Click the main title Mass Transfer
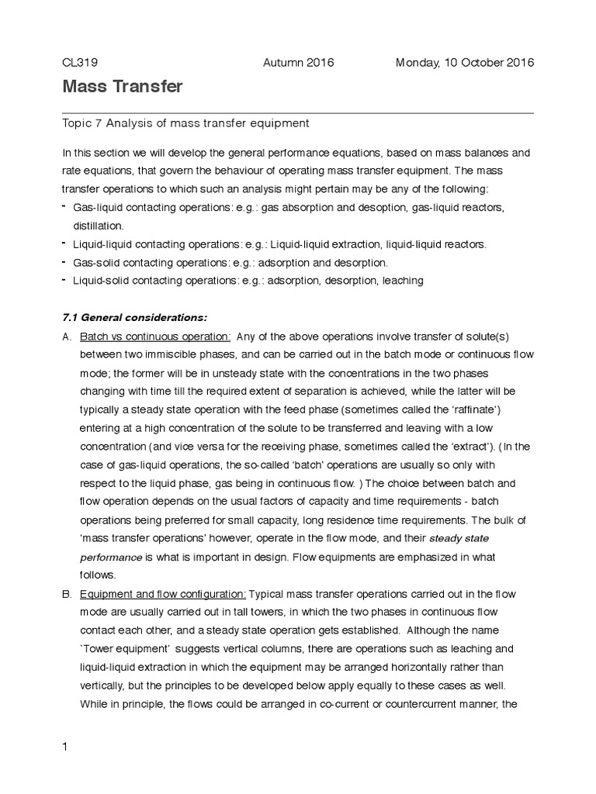tap(123, 87)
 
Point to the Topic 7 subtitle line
tap(185, 123)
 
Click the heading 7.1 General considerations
tap(134, 317)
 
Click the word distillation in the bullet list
tap(98, 226)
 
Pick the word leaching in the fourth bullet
tap(402, 281)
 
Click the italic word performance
tap(111, 557)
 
